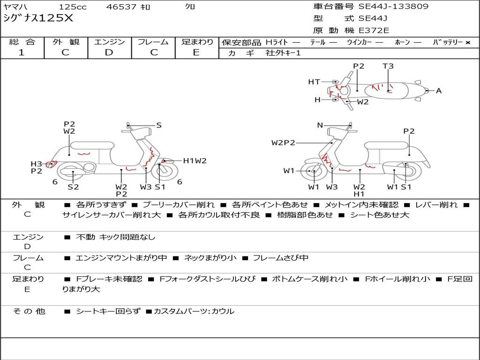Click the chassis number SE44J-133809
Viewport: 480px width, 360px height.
pos(393,7)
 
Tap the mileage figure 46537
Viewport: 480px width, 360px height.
pos(121,7)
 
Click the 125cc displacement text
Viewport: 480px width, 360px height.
pos(73,7)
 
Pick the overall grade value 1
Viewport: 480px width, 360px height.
pos(22,52)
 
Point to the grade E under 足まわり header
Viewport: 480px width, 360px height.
pos(196,52)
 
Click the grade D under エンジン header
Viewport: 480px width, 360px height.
pos(109,52)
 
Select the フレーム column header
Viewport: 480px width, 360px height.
pos(153,42)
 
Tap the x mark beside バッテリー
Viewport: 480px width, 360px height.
pos(468,43)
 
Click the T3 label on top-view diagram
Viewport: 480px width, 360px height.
pos(388,66)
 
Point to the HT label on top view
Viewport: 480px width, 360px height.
pos(314,82)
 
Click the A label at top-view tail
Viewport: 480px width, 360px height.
pos(439,90)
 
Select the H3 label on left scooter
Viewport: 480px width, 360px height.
pos(36,164)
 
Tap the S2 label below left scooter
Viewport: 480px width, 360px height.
pos(73,187)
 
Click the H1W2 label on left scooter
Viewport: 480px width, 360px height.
pos(195,161)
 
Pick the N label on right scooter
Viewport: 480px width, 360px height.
pos(320,125)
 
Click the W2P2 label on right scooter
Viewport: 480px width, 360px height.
pos(283,142)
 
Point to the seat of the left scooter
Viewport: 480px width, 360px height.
pos(92,145)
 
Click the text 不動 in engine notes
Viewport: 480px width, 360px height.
pos(85,237)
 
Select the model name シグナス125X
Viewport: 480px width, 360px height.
pos(38,18)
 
